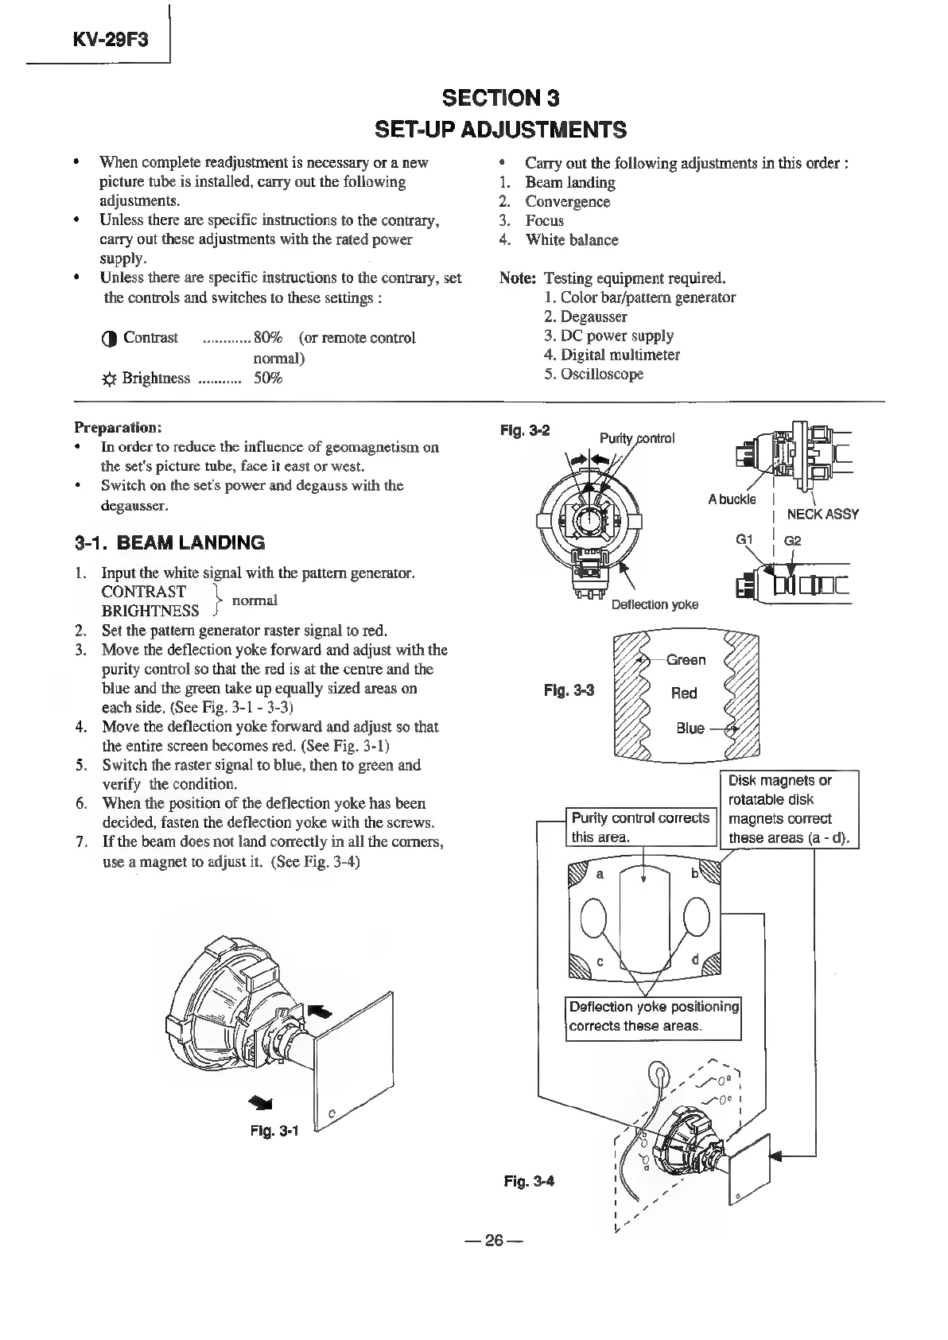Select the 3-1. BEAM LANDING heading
click(x=169, y=543)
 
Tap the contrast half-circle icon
click(x=110, y=339)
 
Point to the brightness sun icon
click(x=109, y=379)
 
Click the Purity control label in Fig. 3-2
click(x=637, y=438)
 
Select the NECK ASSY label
click(x=822, y=514)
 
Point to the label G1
click(x=744, y=539)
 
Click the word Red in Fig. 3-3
click(x=684, y=693)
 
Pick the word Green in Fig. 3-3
click(x=686, y=660)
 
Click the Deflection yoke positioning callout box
click(x=653, y=1016)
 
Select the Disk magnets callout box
click(x=789, y=809)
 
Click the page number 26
click(x=495, y=1241)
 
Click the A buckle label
click(x=732, y=499)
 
